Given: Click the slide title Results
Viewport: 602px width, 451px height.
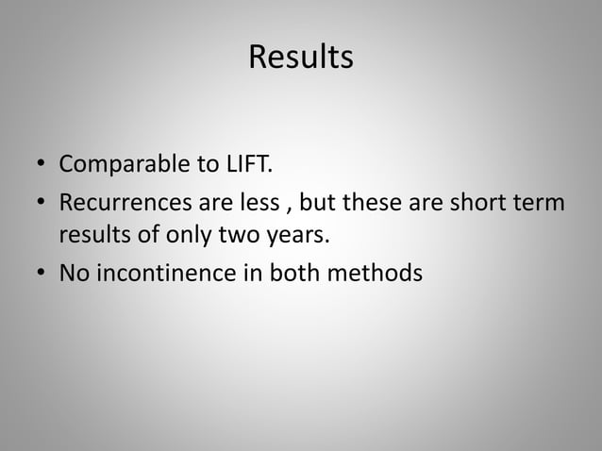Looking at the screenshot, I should (x=301, y=58).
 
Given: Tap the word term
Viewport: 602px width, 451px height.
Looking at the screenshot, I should (x=542, y=203).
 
